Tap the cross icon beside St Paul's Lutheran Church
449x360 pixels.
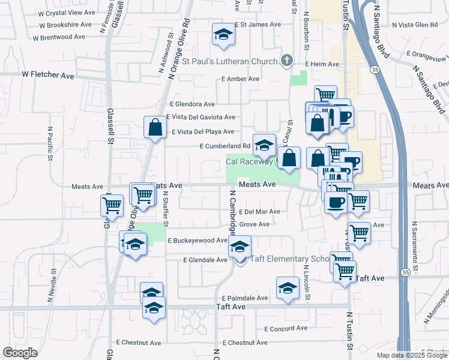287,60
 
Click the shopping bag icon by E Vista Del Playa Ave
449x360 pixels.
155,127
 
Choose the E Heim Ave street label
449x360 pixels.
322,64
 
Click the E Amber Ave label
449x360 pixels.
240,79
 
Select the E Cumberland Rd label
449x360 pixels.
224,146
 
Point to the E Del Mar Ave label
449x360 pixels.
259,212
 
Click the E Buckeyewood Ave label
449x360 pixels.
197,240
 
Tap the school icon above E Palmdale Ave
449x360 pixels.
288,288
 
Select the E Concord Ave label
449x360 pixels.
286,328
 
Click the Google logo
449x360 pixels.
20,352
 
